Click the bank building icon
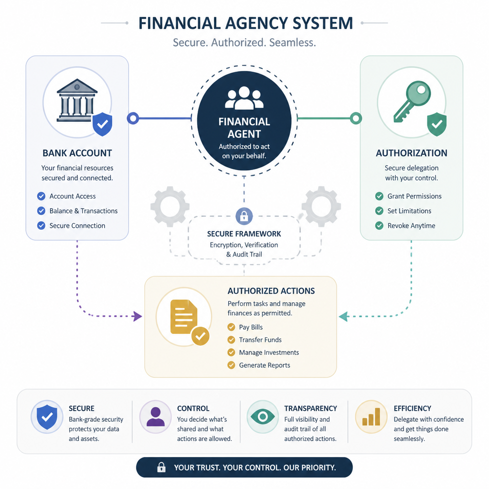click(x=77, y=100)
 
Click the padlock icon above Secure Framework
click(x=244, y=216)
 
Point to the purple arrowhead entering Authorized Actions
click(x=137, y=316)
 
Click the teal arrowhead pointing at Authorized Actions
click(x=343, y=316)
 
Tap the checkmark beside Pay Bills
click(x=231, y=327)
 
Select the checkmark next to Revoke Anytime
click(x=379, y=225)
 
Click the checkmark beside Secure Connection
click(x=41, y=225)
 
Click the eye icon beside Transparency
click(x=263, y=416)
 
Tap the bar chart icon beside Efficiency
click(x=371, y=416)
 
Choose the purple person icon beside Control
click(x=155, y=416)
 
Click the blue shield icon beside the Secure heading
click(x=47, y=417)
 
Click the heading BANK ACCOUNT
click(x=77, y=153)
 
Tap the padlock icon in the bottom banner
click(x=161, y=467)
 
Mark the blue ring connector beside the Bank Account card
click(x=133, y=118)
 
